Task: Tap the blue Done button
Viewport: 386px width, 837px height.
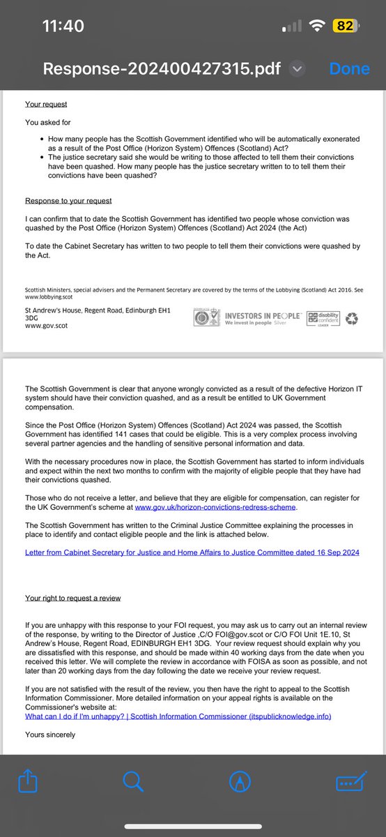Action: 349,68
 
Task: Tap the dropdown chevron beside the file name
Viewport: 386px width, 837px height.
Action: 298,68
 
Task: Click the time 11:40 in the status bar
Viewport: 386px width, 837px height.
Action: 63,27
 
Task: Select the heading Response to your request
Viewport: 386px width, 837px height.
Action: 68,201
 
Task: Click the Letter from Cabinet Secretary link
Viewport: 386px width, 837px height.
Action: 192,552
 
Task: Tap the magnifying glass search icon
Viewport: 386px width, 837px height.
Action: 133,783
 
